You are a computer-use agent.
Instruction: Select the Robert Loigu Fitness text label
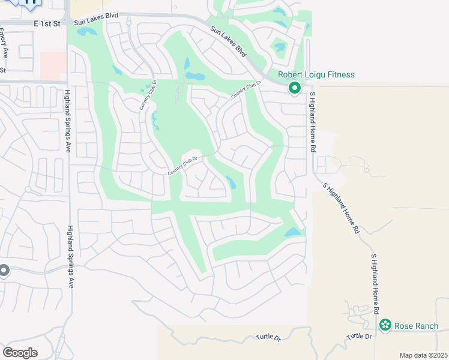tap(316, 75)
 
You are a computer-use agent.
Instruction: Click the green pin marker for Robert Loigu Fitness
tap(295, 88)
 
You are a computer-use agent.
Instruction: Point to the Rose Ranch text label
tap(416, 326)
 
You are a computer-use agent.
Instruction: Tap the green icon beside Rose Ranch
tap(385, 326)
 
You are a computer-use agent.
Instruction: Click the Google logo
tap(20, 352)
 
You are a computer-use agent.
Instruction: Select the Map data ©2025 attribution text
tap(423, 355)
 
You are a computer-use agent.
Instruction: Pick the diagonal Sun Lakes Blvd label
tap(229, 42)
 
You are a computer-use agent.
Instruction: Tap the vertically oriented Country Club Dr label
tap(148, 95)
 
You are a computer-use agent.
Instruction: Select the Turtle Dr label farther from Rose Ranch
tap(268, 338)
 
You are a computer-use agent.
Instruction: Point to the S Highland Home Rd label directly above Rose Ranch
tap(375, 284)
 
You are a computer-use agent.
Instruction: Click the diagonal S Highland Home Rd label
tap(342, 208)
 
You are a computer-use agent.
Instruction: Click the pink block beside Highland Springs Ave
tap(53, 65)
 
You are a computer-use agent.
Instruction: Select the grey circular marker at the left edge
tap(4, 271)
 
